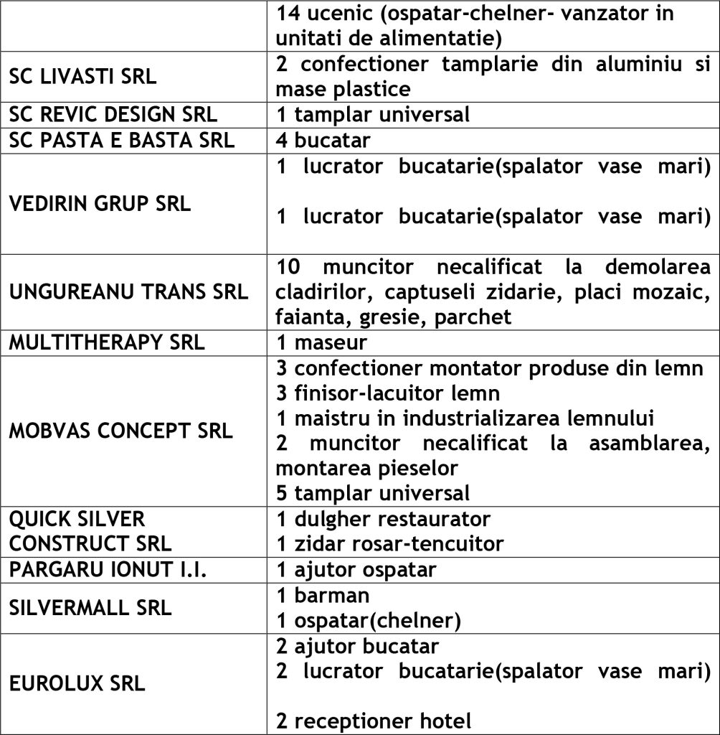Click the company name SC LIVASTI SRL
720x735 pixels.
pyautogui.click(x=82, y=77)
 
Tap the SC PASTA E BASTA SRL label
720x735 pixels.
pyautogui.click(x=122, y=139)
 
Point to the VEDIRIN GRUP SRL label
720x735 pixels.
pyautogui.click(x=100, y=203)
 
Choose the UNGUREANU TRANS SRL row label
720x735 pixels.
pyautogui.click(x=129, y=292)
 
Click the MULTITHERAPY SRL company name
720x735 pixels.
pyautogui.click(x=107, y=342)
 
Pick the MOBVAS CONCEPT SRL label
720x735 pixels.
pyautogui.click(x=121, y=431)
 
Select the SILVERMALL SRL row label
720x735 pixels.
pyautogui.click(x=90, y=607)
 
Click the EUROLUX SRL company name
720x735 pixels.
pyautogui.click(x=77, y=683)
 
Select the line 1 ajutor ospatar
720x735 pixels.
pyautogui.click(x=356, y=570)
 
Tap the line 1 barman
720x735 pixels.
pyautogui.click(x=323, y=595)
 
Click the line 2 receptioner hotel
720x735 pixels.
pyautogui.click(x=374, y=721)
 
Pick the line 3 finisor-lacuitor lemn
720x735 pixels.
pyautogui.click(x=388, y=393)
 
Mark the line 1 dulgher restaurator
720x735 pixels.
pyautogui.click(x=383, y=518)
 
